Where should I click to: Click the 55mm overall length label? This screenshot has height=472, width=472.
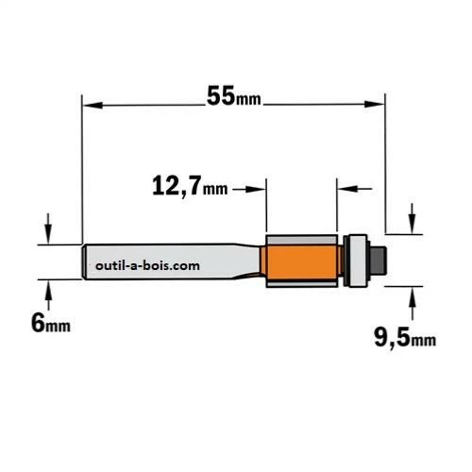[x=234, y=95]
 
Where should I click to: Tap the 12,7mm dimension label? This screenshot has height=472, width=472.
[x=190, y=186]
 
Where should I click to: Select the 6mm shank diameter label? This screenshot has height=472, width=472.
[x=51, y=323]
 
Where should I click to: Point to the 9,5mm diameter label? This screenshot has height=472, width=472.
[x=405, y=338]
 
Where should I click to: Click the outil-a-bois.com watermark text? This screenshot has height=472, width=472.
[x=147, y=266]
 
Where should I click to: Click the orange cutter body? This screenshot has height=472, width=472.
[x=302, y=262]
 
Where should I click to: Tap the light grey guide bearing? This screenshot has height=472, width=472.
[x=359, y=261]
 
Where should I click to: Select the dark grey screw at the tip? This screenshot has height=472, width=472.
[x=379, y=261]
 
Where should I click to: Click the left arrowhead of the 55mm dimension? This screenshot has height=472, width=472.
[x=93, y=105]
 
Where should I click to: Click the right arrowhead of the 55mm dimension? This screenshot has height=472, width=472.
[x=375, y=104]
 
